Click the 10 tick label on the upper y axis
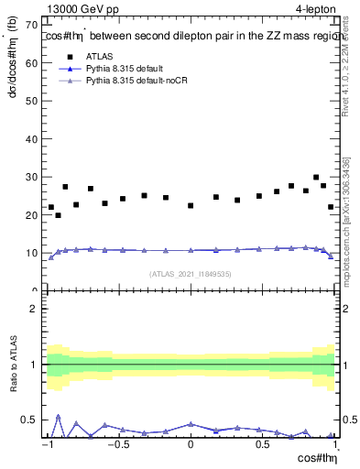32,253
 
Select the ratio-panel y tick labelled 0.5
31,420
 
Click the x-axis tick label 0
191,445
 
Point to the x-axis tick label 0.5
264,445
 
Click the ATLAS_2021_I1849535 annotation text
191,273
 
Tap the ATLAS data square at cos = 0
191,205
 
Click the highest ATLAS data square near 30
316,178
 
